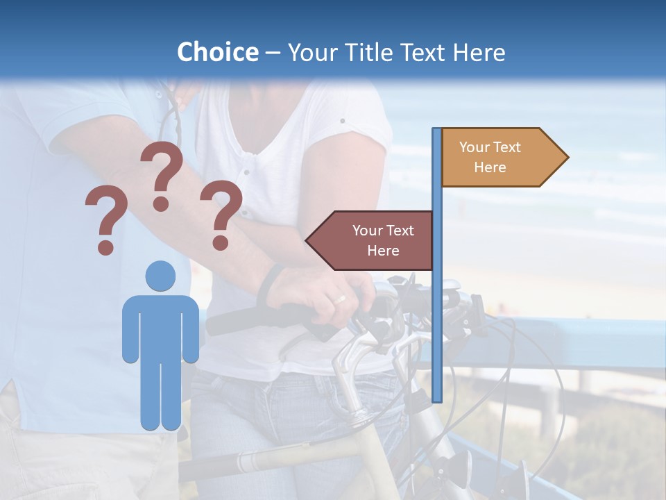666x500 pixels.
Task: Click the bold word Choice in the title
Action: click(x=217, y=52)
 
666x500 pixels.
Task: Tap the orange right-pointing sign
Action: click(x=499, y=157)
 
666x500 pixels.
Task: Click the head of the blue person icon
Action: click(x=160, y=276)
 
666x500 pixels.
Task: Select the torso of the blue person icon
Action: click(x=160, y=326)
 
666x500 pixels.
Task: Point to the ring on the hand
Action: click(x=340, y=299)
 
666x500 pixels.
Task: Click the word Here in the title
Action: click(x=479, y=52)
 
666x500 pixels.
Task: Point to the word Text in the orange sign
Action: click(x=507, y=147)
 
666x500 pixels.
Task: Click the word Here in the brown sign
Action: click(x=383, y=251)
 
